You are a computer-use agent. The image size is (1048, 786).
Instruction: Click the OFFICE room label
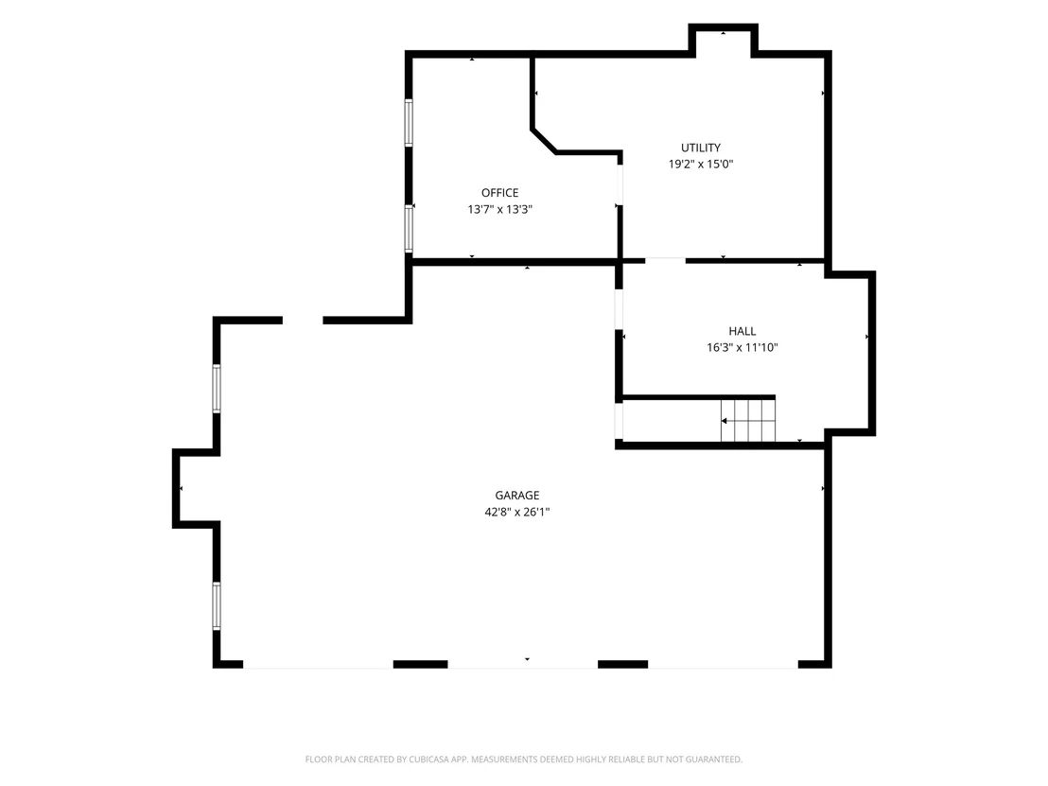500,193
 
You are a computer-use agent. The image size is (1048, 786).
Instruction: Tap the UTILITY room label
701,148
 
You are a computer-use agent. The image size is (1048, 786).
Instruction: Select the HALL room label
742,331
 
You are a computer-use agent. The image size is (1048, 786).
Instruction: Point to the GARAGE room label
516,496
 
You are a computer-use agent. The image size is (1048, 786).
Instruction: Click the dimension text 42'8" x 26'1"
516,512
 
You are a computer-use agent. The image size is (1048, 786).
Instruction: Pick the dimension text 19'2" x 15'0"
701,164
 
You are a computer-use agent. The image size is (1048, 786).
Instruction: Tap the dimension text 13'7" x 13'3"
500,209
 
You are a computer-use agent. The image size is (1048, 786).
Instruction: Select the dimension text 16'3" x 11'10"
742,347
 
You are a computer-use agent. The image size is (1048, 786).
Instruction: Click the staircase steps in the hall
748,420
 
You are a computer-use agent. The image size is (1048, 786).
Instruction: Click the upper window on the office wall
409,122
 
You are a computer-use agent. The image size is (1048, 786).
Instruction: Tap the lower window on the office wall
409,229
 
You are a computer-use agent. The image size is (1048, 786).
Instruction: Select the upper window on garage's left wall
217,389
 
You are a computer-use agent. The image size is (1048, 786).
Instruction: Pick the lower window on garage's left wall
217,605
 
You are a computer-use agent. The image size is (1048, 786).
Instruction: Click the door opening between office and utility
620,184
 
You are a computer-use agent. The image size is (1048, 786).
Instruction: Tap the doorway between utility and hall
665,260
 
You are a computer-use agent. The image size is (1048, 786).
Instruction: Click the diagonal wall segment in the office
544,141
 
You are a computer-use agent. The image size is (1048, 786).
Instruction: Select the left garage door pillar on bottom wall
420,664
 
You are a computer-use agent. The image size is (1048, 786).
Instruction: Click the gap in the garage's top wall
303,320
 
